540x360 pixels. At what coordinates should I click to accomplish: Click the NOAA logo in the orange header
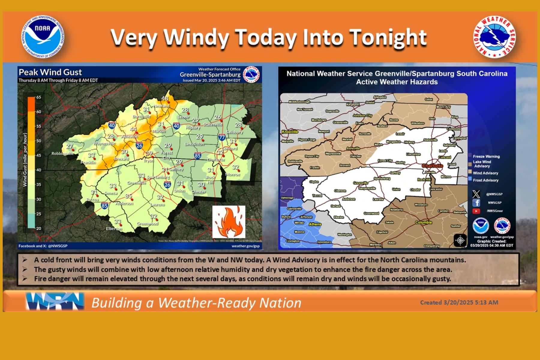43,37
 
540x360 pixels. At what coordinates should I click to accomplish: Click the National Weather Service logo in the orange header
494,37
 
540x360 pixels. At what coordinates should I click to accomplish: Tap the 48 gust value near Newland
165,98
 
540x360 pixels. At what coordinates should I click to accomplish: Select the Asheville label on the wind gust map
130,136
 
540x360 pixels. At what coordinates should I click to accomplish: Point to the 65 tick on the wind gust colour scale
39,97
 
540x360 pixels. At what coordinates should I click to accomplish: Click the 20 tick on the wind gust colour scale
39,228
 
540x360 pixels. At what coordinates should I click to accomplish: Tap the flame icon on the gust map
229,222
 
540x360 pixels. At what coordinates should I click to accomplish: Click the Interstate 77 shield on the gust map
222,138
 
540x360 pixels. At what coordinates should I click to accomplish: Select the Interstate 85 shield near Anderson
104,206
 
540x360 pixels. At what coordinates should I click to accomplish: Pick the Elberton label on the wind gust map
114,229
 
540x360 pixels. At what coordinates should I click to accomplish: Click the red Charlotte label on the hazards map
432,166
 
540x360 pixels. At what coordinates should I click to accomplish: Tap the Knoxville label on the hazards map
290,132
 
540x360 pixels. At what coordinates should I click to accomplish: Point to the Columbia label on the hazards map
423,222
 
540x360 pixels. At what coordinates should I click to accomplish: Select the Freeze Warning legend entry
486,156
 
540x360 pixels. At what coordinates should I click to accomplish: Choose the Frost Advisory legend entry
485,180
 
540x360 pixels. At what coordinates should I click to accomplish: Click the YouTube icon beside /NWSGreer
476,211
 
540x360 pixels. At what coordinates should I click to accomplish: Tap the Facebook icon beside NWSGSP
476,203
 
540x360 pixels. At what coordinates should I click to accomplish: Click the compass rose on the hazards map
460,240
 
